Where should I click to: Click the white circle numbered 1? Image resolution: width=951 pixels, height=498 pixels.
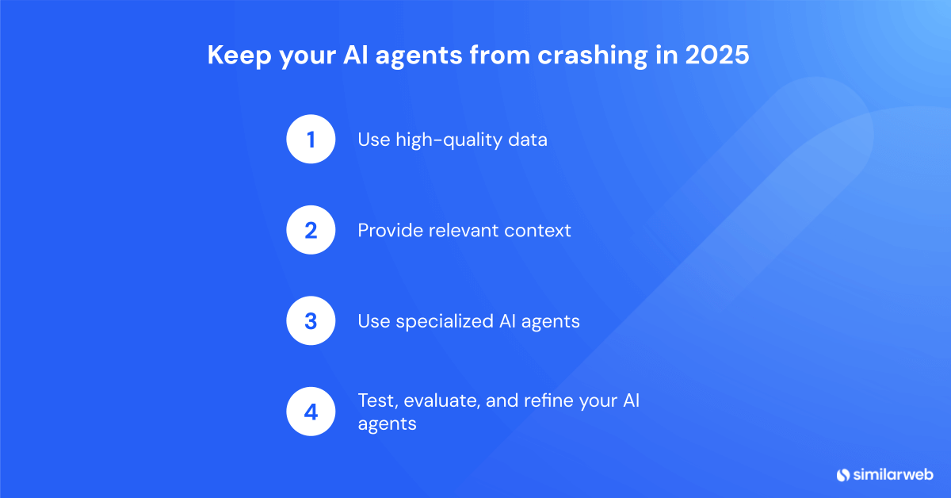(x=311, y=140)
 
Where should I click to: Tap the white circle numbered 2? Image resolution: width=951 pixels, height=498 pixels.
(x=311, y=231)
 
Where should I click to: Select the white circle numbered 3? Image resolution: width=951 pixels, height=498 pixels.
(x=311, y=321)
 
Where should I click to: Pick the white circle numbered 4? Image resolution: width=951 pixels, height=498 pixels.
(x=311, y=412)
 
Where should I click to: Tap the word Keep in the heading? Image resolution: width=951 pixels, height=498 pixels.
(x=231, y=57)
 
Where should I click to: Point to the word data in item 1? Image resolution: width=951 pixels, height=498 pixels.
(x=528, y=140)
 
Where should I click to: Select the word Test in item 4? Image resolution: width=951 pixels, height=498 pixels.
(x=374, y=401)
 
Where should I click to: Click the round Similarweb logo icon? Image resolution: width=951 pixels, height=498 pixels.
(x=842, y=474)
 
